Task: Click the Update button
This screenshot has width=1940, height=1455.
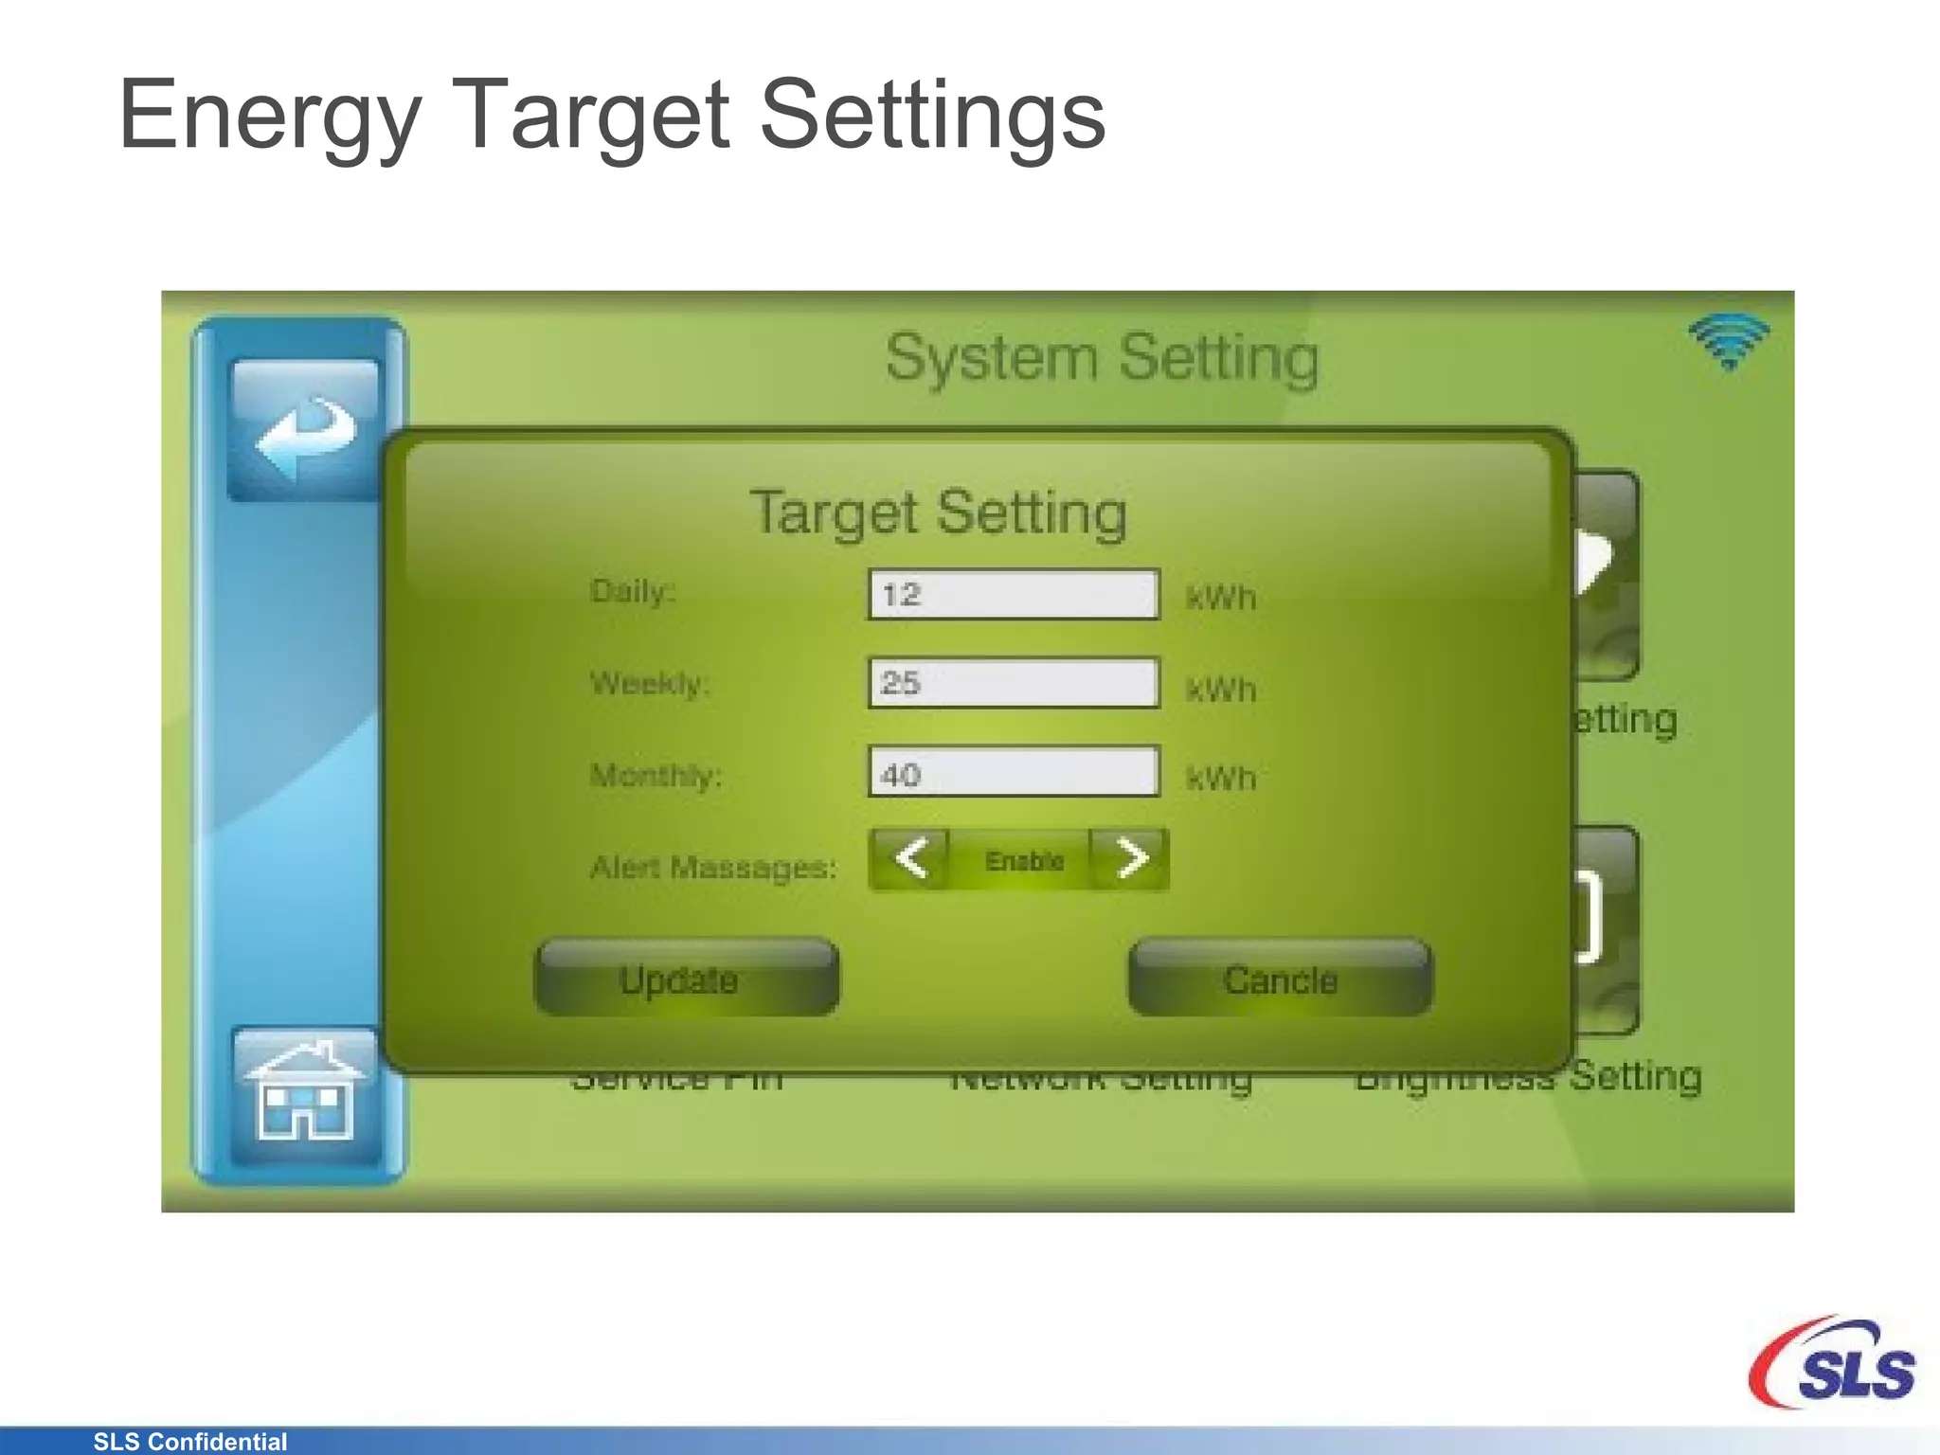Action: pos(687,979)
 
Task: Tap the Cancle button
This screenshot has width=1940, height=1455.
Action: pos(1280,979)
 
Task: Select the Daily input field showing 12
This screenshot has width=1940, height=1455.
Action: pos(1014,595)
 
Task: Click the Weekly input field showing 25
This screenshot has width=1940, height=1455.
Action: pos(1014,683)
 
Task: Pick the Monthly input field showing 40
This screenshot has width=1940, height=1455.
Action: pos(1014,772)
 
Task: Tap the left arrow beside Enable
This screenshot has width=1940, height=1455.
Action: pos(910,859)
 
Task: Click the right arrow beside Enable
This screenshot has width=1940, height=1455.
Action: pos(1130,859)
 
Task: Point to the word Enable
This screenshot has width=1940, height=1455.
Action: pos(1024,861)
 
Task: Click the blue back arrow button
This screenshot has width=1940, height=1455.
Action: pos(304,431)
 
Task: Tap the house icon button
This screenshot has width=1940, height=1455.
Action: pos(304,1096)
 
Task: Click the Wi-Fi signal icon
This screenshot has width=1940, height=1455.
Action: pos(1729,341)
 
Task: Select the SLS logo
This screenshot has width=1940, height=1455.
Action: pos(1832,1364)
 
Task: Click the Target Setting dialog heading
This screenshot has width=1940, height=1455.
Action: pos(938,513)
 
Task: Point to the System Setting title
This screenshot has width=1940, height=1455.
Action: pos(1102,358)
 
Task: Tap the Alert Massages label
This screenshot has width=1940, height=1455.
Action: pos(713,867)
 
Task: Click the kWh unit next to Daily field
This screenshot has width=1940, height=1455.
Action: pos(1221,598)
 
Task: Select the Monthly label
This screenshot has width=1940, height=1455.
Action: pos(656,776)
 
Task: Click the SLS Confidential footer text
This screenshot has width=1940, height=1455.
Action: pos(189,1442)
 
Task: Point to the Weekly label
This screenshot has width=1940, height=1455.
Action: pos(649,683)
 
